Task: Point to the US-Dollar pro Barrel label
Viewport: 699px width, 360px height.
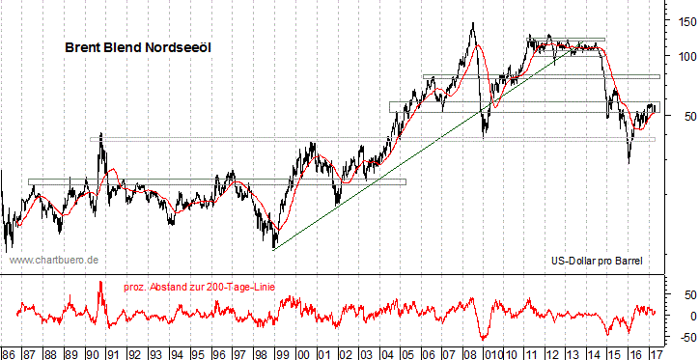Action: [596, 260]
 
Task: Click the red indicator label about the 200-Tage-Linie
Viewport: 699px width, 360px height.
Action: [207, 287]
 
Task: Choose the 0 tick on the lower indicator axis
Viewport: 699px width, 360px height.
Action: [686, 316]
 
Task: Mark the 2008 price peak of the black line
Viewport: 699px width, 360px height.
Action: [472, 23]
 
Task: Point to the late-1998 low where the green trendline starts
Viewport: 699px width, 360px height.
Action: [273, 248]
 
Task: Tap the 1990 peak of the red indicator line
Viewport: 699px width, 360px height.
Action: [100, 282]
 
